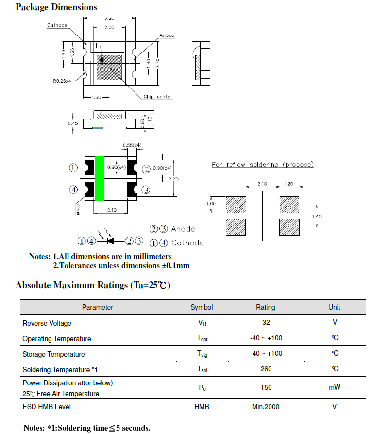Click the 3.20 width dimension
(x=109, y=18)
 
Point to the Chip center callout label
(x=158, y=97)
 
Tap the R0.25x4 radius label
(x=62, y=81)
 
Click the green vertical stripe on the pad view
(x=100, y=178)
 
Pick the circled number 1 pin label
(x=73, y=168)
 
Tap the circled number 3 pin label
(x=146, y=190)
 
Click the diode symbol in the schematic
(x=111, y=241)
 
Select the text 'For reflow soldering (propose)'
(x=262, y=165)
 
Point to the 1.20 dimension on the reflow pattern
(x=288, y=184)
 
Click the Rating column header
(x=266, y=307)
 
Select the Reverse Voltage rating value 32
(x=266, y=322)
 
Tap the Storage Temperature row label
(x=53, y=354)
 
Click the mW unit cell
(x=334, y=388)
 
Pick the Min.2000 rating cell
(x=266, y=407)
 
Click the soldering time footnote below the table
(x=87, y=428)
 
